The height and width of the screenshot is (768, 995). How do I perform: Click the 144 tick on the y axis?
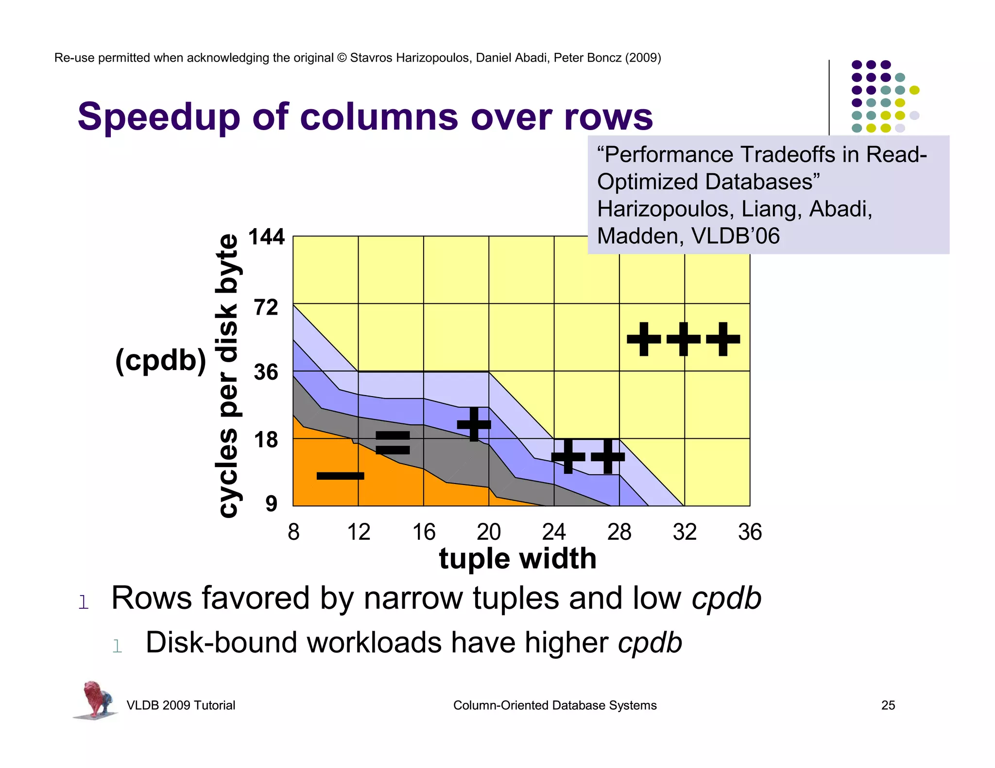pyautogui.click(x=266, y=237)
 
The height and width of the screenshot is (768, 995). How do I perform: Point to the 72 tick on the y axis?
pyautogui.click(x=266, y=307)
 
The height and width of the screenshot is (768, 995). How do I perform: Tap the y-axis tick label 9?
pyautogui.click(x=271, y=503)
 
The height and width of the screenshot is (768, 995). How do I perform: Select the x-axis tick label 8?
pyautogui.click(x=293, y=532)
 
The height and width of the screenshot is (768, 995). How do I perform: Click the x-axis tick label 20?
pyautogui.click(x=489, y=532)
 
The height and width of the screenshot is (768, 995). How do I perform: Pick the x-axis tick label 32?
pyautogui.click(x=685, y=532)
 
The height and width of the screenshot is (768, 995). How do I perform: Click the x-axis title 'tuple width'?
pyautogui.click(x=517, y=558)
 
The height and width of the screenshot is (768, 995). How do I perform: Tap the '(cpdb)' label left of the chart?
pyautogui.click(x=161, y=361)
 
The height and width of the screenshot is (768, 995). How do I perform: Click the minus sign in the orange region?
pyautogui.click(x=340, y=476)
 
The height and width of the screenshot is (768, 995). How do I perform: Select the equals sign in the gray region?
pyautogui.click(x=393, y=442)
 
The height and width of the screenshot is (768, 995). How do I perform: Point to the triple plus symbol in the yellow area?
pyautogui.click(x=683, y=339)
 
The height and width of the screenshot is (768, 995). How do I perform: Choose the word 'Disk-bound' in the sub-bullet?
pyautogui.click(x=221, y=643)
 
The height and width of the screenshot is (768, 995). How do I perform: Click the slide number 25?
pyautogui.click(x=888, y=705)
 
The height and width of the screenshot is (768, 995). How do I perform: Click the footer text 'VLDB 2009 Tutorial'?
pyautogui.click(x=181, y=705)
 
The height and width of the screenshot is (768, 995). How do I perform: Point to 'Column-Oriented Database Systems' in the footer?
pyautogui.click(x=555, y=705)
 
